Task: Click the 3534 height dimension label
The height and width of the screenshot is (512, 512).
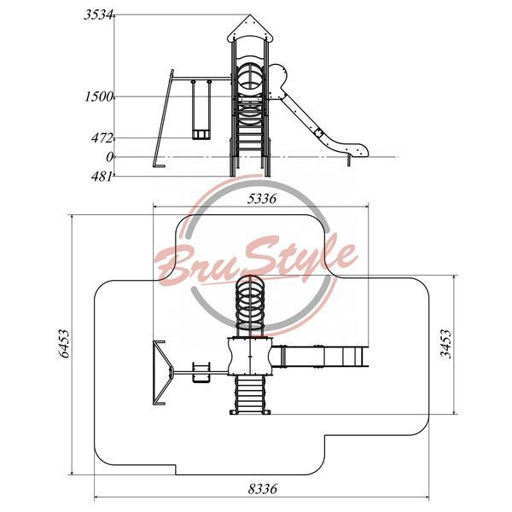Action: click(98, 15)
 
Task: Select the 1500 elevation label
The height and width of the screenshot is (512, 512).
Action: click(99, 96)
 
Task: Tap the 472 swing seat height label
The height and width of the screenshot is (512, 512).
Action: click(102, 138)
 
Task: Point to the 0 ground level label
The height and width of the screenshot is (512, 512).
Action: click(109, 157)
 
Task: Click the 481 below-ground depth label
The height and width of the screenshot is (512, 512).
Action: click(102, 177)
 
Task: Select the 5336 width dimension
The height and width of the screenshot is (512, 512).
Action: click(262, 199)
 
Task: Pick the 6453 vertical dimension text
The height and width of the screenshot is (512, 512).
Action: click(64, 344)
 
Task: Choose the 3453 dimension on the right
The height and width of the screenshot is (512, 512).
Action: click(445, 344)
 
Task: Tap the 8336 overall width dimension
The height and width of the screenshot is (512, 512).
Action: click(262, 489)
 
